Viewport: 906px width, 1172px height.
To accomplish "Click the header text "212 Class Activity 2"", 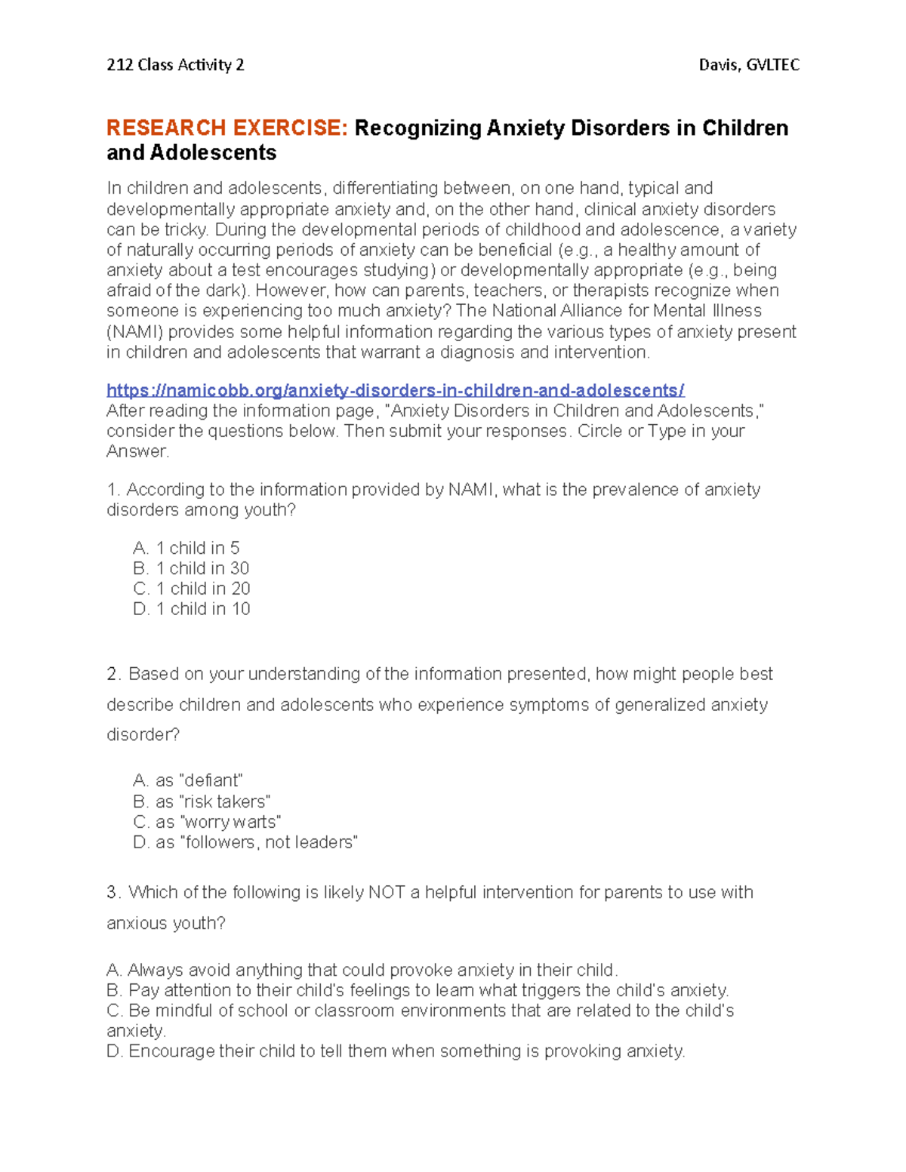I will click(x=175, y=65).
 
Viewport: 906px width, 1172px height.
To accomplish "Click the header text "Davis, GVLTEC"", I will click(x=749, y=65).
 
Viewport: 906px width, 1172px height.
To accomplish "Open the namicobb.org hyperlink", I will click(x=395, y=390).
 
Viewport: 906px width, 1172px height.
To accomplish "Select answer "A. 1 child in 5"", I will click(x=186, y=548).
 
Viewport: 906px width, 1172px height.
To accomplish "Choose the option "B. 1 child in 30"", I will click(x=191, y=568).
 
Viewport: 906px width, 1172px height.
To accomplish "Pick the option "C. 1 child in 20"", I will click(x=192, y=589).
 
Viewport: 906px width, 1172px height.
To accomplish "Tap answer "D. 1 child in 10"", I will click(x=192, y=609).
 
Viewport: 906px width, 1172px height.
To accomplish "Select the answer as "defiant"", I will click(x=188, y=780).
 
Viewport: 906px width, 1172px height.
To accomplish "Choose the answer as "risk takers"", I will click(x=202, y=801).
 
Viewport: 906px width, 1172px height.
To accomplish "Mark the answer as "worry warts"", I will click(x=207, y=822).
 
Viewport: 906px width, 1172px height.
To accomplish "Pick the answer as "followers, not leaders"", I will click(x=245, y=842).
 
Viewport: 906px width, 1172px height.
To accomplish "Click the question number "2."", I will click(x=114, y=674).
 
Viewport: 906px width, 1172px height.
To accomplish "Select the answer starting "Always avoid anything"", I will click(x=362, y=970).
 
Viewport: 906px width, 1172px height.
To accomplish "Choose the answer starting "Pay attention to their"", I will click(x=418, y=990).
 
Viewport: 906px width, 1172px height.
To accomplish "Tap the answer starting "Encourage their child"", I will click(x=396, y=1051).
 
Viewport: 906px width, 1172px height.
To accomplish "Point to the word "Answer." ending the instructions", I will click(x=138, y=451).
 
